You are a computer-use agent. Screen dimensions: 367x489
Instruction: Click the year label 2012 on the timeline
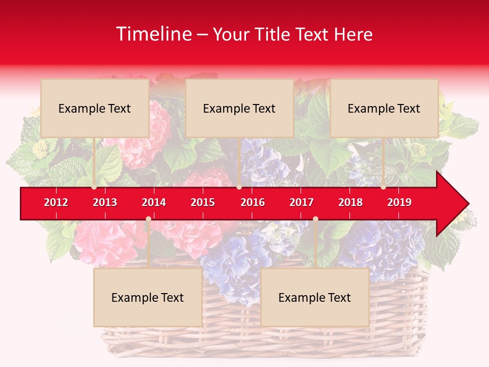point(56,202)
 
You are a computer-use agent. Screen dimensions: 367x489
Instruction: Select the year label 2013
point(105,202)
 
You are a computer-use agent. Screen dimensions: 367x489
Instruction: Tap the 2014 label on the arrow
point(154,202)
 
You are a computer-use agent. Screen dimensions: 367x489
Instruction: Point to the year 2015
point(203,202)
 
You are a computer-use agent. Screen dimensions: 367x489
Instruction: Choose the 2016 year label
point(253,202)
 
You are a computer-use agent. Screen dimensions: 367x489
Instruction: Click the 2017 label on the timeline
point(302,202)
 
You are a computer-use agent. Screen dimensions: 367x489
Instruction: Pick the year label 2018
point(350,202)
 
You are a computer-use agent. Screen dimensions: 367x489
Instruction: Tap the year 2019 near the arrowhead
point(399,202)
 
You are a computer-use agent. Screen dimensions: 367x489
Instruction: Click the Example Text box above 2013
point(95,108)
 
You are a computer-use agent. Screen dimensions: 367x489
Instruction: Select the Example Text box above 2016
point(239,108)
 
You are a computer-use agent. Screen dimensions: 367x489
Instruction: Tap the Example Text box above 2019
point(384,108)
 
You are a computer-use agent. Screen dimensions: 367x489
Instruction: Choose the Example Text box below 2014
point(148,297)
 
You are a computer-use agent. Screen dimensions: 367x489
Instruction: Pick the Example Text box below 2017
point(315,297)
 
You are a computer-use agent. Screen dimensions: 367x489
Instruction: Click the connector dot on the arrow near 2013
point(94,187)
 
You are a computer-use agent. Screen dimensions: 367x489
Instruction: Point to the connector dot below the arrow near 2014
point(148,219)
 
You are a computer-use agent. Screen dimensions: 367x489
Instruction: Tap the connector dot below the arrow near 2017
point(315,219)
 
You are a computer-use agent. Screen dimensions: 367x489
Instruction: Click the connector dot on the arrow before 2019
point(383,187)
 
